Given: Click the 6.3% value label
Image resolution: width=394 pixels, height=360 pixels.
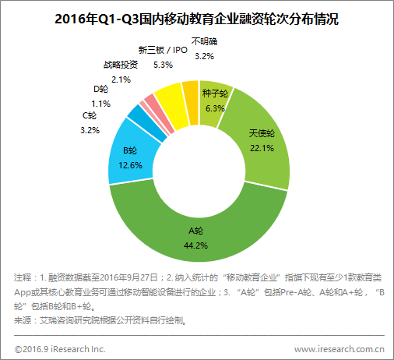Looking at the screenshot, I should pyautogui.click(x=213, y=109).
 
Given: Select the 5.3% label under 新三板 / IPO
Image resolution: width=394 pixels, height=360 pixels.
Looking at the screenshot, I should pyautogui.click(x=163, y=64).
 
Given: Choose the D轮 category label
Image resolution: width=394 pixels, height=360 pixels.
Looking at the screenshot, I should pyautogui.click(x=100, y=90).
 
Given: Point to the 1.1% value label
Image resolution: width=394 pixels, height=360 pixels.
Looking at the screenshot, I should pyautogui.click(x=100, y=104).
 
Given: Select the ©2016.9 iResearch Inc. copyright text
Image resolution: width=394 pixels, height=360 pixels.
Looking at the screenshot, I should pyautogui.click(x=60, y=348).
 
